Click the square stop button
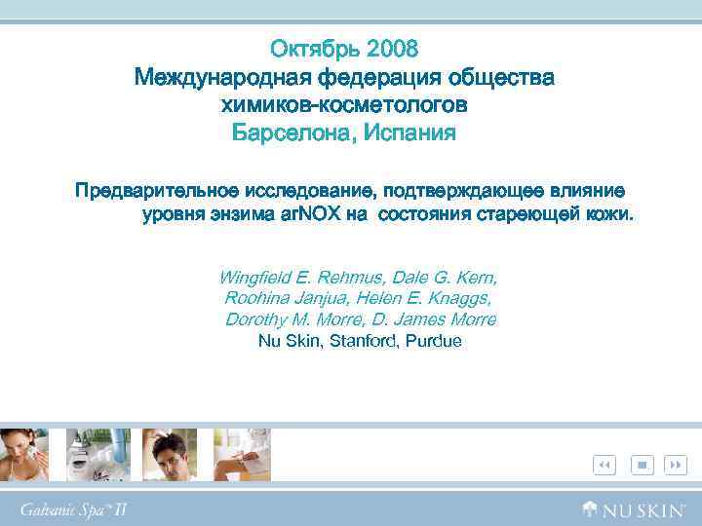coord(642,466)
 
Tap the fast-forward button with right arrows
coord(676,466)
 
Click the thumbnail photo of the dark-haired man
coord(170,454)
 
